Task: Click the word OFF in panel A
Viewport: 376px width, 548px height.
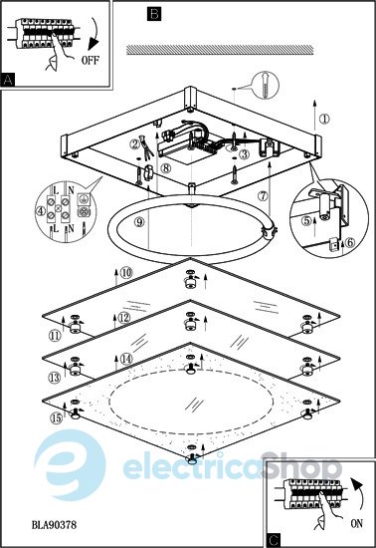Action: point(90,60)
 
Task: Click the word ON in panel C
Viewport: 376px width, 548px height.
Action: point(356,523)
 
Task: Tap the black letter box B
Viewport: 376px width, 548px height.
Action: point(154,14)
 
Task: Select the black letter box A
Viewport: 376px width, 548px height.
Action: point(8,80)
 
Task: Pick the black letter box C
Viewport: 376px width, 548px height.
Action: point(274,540)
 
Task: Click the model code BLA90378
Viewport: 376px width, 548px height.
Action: point(54,524)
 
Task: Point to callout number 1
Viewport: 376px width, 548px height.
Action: point(324,119)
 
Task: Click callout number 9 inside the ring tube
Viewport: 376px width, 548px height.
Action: point(139,221)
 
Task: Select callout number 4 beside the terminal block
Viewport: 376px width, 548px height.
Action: point(41,211)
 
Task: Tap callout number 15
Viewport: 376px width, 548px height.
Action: point(56,418)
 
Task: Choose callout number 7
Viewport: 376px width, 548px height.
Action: point(263,196)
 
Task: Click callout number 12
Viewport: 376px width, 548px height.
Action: point(124,318)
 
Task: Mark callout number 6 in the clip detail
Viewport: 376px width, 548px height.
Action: point(350,242)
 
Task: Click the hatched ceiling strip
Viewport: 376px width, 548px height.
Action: point(220,50)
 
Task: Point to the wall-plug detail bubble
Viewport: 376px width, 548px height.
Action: point(266,85)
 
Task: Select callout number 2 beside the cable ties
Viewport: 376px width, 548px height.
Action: point(134,143)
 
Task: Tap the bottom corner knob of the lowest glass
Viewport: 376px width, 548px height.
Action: point(191,459)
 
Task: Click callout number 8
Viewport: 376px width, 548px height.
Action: point(166,168)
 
